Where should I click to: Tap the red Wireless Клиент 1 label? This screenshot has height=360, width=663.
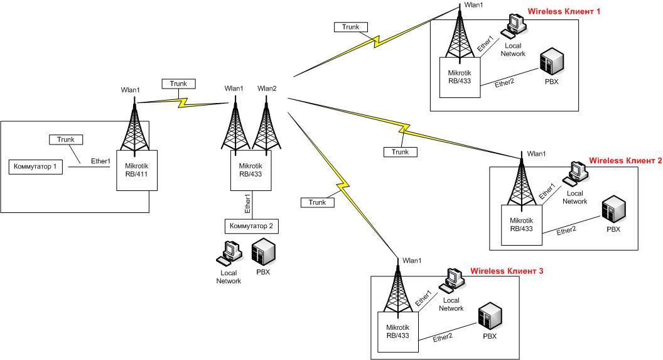coord(564,12)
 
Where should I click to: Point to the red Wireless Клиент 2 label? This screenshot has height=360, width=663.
coord(625,161)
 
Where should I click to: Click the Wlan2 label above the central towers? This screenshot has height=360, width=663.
coord(267,89)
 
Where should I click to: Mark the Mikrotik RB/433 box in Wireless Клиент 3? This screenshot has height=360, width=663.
coord(397,331)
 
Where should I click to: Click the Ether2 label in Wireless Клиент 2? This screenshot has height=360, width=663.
coord(567,231)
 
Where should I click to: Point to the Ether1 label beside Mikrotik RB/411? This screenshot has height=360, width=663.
coord(101,161)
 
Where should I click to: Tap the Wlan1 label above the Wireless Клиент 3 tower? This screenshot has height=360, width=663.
coord(412,260)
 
